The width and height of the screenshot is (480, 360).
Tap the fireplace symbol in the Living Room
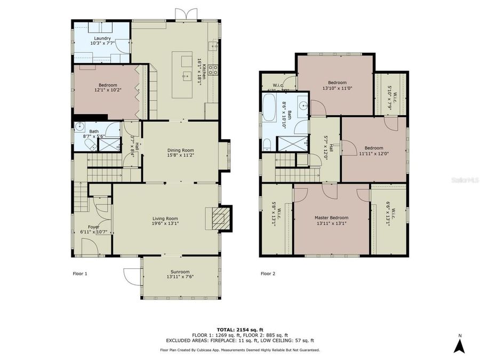click(219, 218)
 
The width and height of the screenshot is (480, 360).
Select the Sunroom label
click(180, 271)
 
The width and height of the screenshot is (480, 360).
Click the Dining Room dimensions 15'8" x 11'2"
click(180, 156)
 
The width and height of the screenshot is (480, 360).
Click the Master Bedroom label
click(331, 218)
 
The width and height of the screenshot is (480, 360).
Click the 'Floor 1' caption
click(79, 274)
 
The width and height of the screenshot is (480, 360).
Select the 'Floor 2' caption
click(268, 274)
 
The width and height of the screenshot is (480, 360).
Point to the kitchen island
click(186, 74)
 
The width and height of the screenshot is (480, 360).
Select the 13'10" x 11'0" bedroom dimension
click(337, 89)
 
